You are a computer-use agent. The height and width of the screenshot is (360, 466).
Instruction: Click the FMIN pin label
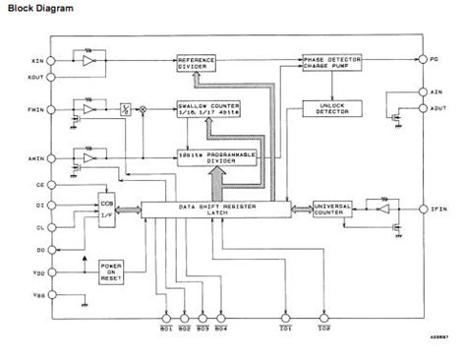click(36, 107)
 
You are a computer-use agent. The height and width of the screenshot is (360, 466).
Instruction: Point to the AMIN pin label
click(36, 155)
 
